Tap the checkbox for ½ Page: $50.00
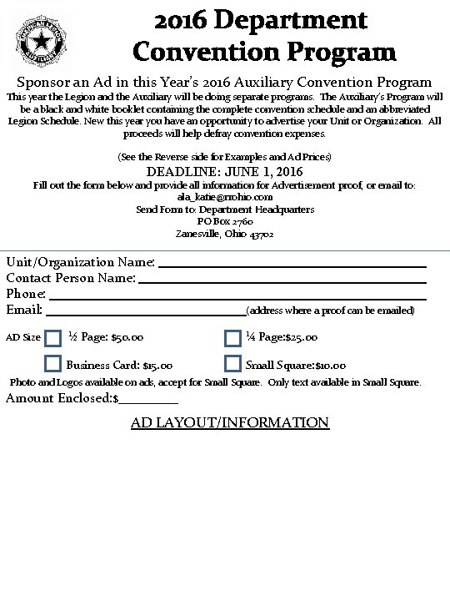tap(53, 338)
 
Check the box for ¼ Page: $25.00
tap(233, 338)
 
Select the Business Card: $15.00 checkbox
tap(53, 364)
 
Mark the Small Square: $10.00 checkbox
tap(233, 364)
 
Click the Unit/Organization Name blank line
tap(292, 265)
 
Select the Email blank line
tap(145, 313)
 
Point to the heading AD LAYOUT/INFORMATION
tap(230, 422)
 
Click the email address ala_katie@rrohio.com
tap(225, 197)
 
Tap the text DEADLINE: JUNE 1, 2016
tap(225, 172)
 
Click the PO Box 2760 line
tap(225, 221)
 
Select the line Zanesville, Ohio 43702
tap(225, 234)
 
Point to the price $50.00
tap(127, 338)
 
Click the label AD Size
tap(23, 338)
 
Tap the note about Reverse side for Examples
tap(225, 157)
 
